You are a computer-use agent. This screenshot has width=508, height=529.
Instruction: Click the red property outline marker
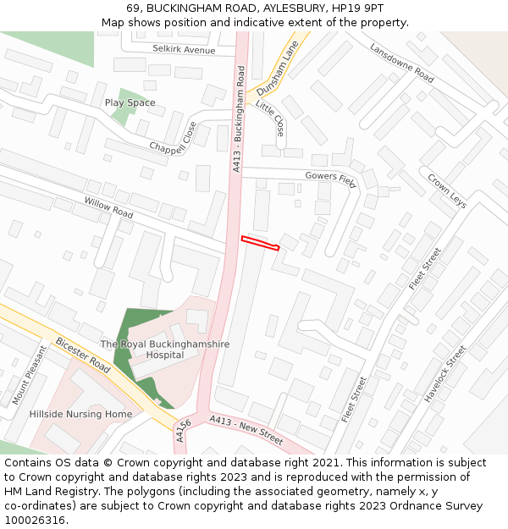[260, 243]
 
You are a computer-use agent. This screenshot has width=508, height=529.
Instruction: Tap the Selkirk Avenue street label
[184, 50]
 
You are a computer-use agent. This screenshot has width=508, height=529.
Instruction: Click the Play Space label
[130, 102]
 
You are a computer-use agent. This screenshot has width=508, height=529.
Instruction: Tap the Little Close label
[271, 118]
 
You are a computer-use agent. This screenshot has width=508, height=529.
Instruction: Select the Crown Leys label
[447, 191]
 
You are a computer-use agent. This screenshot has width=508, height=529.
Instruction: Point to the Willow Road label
[108, 207]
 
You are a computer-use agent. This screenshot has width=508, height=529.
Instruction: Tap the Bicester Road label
[83, 356]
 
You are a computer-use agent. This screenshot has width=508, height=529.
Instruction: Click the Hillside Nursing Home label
[80, 414]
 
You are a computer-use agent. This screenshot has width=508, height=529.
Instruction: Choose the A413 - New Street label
[246, 430]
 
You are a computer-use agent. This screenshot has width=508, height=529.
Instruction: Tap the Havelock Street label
[445, 373]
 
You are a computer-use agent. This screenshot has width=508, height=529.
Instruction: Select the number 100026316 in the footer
[35, 521]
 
